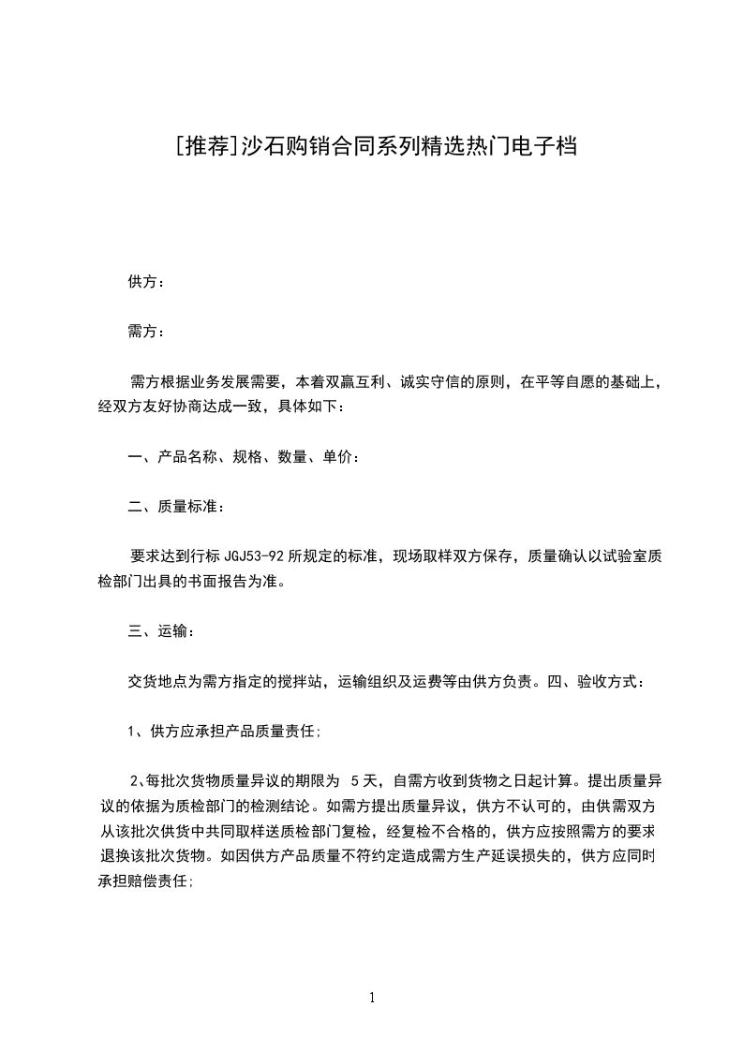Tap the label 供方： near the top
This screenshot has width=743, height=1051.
(146, 282)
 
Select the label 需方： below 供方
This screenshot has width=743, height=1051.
(146, 332)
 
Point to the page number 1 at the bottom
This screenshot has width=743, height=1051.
(372, 998)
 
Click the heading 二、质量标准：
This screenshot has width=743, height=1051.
(176, 507)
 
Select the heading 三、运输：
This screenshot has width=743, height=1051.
(161, 631)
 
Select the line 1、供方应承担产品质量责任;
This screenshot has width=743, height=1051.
(225, 732)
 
